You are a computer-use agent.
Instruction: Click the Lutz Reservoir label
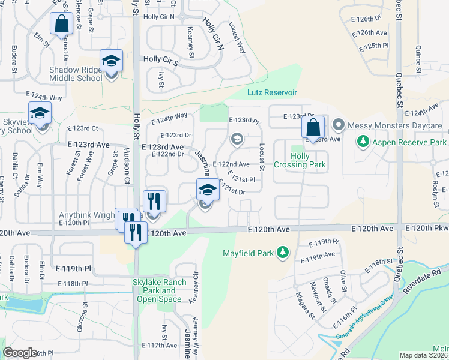pos(273,92)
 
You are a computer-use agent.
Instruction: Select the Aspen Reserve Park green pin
pos(363,142)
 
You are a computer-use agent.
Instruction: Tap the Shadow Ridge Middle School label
pos(76,74)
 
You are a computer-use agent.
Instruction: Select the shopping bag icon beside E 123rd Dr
pos(313,127)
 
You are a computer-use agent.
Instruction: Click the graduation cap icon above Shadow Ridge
pos(111,61)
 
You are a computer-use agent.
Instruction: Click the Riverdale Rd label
pos(422,281)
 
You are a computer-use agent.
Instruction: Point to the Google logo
pos(20,353)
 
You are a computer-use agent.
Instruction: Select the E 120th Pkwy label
pos(427,229)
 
